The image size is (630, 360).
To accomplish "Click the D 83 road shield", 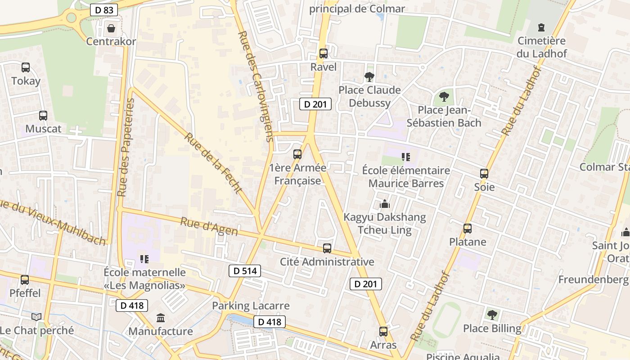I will tap(104, 10).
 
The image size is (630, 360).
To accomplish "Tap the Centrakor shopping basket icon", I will tap(111, 29).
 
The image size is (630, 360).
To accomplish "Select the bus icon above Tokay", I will tap(26, 67).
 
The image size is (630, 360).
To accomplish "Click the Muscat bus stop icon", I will tap(43, 116).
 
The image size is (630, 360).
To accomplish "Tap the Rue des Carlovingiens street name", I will tap(256, 85).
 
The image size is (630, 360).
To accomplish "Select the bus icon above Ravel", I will tap(323, 54).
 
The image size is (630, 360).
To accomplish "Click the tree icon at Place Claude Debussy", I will tap(369, 77).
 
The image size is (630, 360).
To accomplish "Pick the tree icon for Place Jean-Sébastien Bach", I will tap(444, 96).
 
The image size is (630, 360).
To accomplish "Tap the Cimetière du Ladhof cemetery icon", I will tap(541, 27).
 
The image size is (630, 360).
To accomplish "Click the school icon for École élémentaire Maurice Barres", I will tap(406, 157).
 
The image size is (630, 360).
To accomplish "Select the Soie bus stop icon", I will tap(484, 174).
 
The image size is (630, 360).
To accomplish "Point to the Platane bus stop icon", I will tap(468, 229).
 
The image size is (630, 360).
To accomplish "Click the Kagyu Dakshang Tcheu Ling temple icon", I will tap(384, 204).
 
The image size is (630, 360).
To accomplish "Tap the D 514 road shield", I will tap(245, 270).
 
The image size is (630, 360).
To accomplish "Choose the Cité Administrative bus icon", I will tap(327, 248).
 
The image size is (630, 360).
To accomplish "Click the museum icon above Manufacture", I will tap(161, 318).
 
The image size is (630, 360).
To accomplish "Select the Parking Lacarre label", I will tap(251, 306).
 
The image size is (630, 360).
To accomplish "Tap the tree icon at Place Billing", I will tap(492, 315).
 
